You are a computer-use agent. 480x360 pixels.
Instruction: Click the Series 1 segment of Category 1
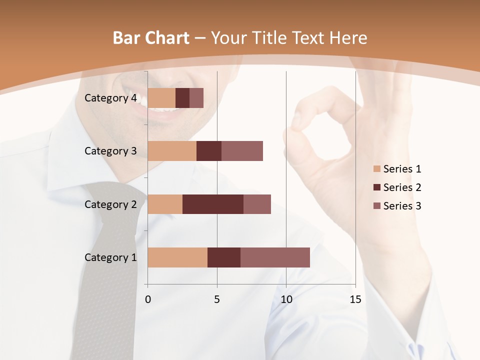pos(177,257)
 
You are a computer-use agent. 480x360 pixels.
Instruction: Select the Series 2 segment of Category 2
pos(213,204)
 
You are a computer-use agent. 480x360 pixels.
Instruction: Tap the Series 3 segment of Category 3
pos(242,151)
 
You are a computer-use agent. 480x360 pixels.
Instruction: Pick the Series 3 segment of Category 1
pos(275,257)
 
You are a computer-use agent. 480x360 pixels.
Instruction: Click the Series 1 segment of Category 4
pos(161,98)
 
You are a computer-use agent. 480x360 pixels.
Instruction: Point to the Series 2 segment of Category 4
pos(182,98)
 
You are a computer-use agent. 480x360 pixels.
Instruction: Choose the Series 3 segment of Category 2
pos(257,204)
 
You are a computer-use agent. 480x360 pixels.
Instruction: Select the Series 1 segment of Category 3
pos(172,151)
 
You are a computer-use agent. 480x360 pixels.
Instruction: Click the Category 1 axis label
pos(110,257)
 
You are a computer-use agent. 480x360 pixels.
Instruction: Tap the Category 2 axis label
pos(110,204)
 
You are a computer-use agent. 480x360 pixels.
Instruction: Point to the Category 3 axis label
pos(110,151)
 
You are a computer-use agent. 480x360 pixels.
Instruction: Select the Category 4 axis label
pos(110,98)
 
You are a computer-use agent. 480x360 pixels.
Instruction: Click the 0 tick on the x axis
pos(148,299)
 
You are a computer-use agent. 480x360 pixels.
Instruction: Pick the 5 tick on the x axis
pos(217,299)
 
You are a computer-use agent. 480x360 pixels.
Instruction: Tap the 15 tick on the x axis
pos(355,299)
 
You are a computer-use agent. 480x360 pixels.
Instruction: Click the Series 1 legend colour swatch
pos(376,169)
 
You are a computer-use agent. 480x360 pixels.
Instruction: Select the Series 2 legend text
pos(402,187)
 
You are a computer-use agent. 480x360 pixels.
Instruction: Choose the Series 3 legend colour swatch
pos(376,206)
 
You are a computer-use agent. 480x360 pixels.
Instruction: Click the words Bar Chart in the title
pos(151,38)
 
